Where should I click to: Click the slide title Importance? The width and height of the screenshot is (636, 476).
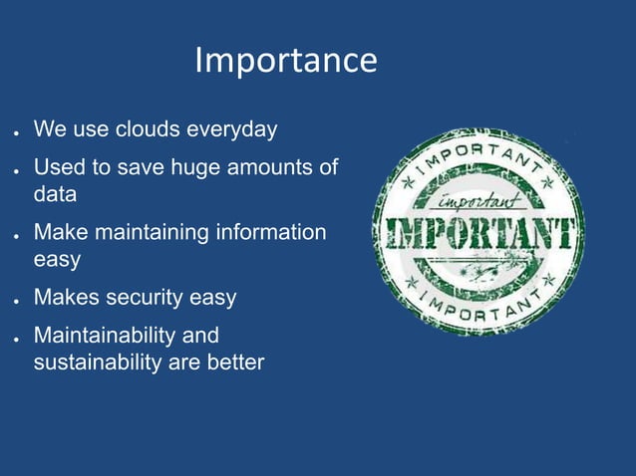286,61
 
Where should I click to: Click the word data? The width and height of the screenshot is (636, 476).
55,194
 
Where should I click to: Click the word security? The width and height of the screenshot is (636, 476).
161,298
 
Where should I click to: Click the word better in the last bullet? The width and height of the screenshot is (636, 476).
235,361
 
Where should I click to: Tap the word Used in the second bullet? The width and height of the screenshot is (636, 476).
57,167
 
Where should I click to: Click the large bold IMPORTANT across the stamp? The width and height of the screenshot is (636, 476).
477,234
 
